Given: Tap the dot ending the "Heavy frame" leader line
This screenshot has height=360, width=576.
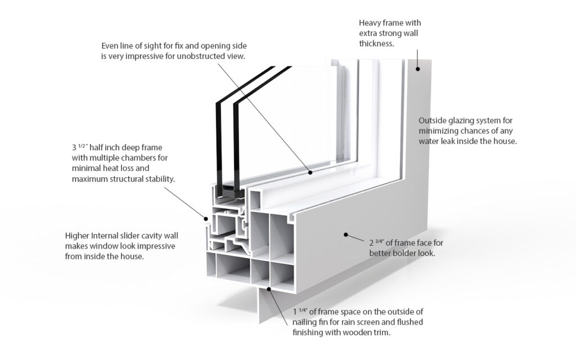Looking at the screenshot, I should click(x=418, y=69).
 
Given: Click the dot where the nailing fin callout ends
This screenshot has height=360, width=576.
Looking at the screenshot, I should click(x=269, y=289).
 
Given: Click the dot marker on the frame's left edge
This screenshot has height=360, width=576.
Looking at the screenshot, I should click(x=205, y=215).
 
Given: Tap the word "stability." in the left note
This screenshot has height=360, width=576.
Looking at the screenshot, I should click(x=157, y=179).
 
